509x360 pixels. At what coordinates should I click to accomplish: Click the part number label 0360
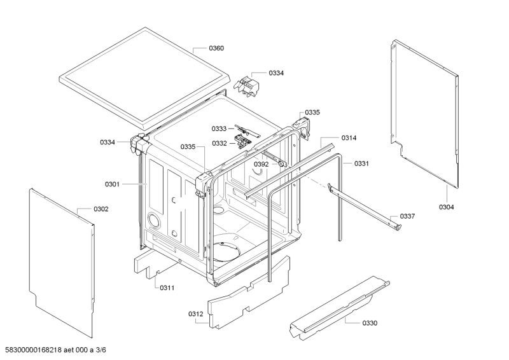click(x=216, y=48)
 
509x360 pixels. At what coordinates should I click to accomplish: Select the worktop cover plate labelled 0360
click(x=143, y=76)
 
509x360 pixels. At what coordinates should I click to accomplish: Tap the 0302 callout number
click(x=101, y=209)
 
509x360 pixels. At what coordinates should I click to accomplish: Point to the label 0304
click(x=447, y=207)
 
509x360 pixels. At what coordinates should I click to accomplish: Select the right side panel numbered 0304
click(x=425, y=114)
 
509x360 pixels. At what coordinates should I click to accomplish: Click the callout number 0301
click(x=112, y=184)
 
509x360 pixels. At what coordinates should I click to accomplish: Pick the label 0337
click(x=407, y=216)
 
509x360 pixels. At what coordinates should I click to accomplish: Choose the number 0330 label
click(x=370, y=323)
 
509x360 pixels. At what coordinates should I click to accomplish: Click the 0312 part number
click(x=195, y=314)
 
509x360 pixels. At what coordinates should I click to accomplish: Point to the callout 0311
click(x=167, y=287)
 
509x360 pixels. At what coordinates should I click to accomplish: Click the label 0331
click(x=362, y=163)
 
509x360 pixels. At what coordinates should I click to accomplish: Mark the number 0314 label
click(x=349, y=137)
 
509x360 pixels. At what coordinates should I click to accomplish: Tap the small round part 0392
click(x=280, y=164)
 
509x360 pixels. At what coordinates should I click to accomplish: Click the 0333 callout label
click(x=220, y=129)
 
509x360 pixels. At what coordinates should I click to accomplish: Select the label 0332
click(x=220, y=143)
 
